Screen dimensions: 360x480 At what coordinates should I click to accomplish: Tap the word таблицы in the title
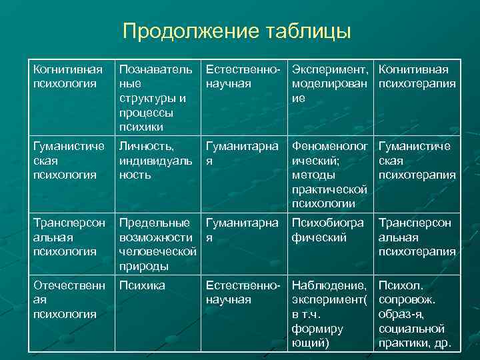(x=308, y=31)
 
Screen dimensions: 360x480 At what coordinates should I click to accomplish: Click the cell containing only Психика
(x=141, y=285)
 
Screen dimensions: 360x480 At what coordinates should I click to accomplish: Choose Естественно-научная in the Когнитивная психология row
(x=245, y=77)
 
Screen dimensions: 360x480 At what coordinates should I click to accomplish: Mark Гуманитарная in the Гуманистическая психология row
(x=244, y=153)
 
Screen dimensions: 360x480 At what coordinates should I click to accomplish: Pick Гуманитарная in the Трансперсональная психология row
(x=244, y=229)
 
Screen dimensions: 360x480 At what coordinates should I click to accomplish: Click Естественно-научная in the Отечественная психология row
(x=245, y=293)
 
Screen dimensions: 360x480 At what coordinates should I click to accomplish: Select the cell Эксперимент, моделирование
(x=330, y=83)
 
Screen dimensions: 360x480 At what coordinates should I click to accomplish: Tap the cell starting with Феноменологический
(x=330, y=174)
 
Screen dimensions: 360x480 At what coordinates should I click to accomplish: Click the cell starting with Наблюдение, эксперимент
(x=330, y=314)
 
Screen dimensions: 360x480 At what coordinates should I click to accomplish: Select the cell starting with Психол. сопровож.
(x=415, y=314)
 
